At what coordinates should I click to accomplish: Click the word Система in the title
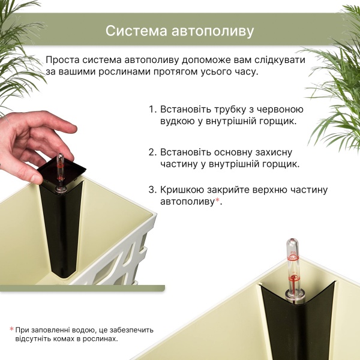click(x=136, y=31)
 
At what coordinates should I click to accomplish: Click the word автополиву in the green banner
click(x=213, y=31)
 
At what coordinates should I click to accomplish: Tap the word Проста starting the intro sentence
click(x=62, y=60)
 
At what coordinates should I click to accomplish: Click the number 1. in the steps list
click(x=152, y=110)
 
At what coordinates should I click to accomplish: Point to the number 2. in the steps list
click(x=152, y=152)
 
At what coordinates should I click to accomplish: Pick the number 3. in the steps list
click(x=152, y=190)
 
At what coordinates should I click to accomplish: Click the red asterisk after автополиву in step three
click(x=217, y=200)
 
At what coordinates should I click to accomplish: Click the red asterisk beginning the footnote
click(x=11, y=329)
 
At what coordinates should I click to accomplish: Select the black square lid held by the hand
click(x=62, y=170)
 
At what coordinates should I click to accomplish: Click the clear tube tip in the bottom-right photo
click(x=292, y=242)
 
